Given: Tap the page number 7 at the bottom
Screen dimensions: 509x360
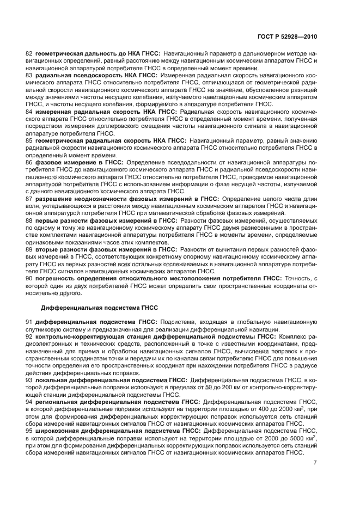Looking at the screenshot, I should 315,463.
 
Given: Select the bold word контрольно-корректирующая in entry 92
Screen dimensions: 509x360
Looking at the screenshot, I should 75,336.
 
